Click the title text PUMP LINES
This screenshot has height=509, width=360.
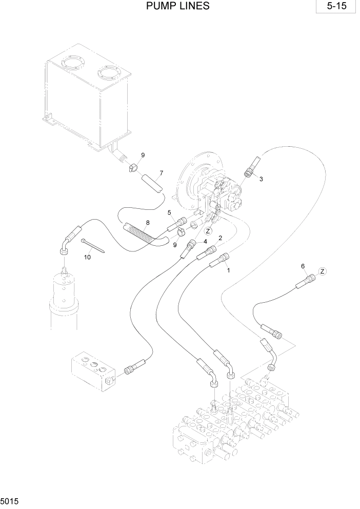click(178, 7)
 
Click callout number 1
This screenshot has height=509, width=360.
click(228, 269)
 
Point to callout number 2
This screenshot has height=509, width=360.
click(220, 238)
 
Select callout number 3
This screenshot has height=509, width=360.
click(261, 179)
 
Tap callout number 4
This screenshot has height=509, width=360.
click(205, 241)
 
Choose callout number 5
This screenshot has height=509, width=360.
click(169, 212)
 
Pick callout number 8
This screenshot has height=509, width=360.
click(148, 223)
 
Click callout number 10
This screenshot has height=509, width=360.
click(87, 257)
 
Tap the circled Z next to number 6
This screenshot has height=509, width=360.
click(322, 271)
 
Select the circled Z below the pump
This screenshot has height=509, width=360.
click(209, 231)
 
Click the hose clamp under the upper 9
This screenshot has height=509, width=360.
click(134, 168)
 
